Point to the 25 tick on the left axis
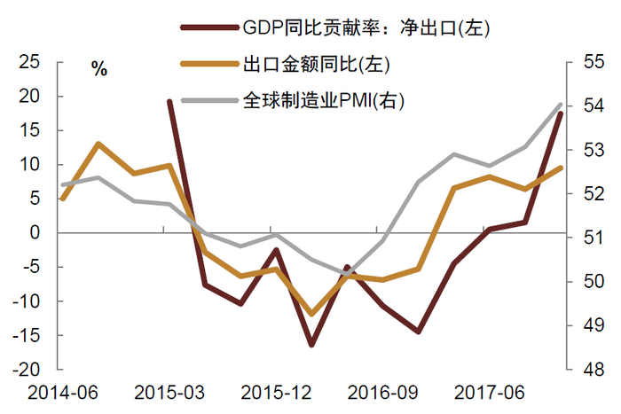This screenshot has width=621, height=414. (x=30, y=63)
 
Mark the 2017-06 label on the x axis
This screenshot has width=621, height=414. (x=488, y=392)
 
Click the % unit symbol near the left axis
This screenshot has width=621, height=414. (x=99, y=69)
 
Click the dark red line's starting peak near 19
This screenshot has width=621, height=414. (x=169, y=102)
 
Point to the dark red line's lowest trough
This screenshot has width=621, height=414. (x=311, y=344)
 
